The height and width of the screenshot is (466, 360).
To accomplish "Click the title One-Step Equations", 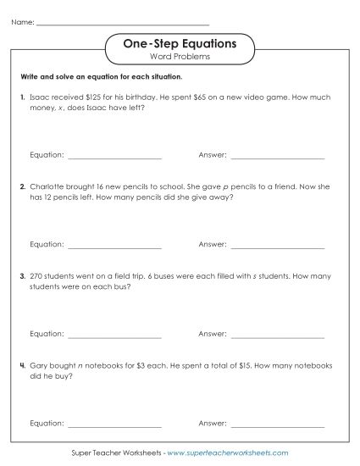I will [x=180, y=42].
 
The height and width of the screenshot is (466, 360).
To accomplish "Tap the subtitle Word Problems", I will [x=180, y=57].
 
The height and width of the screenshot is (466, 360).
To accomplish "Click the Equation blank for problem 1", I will [x=114, y=156].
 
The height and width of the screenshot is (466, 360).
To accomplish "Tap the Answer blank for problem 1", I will [x=277, y=156].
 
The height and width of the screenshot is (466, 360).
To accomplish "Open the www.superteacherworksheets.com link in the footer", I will [x=229, y=454].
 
